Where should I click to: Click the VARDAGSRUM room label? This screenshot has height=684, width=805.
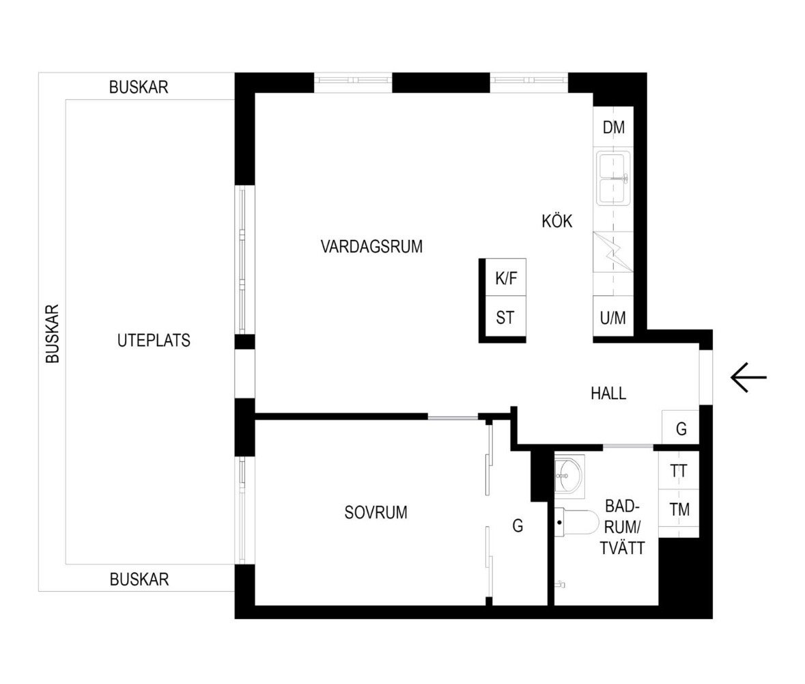pos(371,246)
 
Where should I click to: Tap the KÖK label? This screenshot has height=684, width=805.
pos(556,221)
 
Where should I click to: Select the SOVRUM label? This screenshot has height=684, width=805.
pos(376,512)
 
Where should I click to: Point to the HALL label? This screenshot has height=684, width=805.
pos(608,394)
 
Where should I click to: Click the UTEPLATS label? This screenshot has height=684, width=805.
pos(154,340)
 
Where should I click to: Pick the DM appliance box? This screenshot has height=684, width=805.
pos(613,127)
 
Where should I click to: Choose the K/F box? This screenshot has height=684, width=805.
pos(505,278)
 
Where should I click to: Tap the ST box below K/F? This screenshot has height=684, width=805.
pos(505,318)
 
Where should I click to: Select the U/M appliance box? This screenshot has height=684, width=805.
pos(613,318)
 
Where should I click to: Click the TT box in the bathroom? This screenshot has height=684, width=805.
pos(679,471)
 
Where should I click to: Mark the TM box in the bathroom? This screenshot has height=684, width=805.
pos(679,509)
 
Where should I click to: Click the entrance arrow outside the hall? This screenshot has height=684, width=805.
pos(748,377)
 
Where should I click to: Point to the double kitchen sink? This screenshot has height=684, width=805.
pos(613,179)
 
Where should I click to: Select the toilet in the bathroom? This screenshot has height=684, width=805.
pos(574,523)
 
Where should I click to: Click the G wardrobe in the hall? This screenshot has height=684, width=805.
pos(681,428)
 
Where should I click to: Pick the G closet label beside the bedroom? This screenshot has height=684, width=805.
pos(518,525)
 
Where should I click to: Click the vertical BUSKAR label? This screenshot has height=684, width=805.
pos(53,333)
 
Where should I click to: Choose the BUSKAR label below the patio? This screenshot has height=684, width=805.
pos(139,579)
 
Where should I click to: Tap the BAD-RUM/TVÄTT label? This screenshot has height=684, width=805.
pos(623,527)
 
